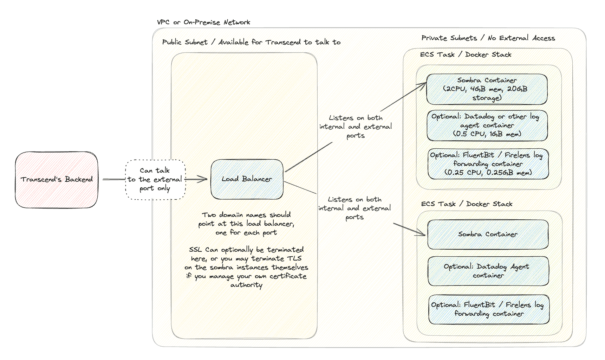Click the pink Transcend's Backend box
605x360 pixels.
coord(57,180)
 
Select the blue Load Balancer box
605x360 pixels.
coord(247,179)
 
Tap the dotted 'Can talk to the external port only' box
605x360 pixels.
coord(155,180)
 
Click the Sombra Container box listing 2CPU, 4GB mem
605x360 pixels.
coord(487,89)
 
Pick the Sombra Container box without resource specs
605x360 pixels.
coord(488,234)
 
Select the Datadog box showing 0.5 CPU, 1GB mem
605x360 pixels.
coord(487,125)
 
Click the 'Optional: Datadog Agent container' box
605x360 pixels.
coord(488,271)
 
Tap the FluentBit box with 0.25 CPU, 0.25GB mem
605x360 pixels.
coord(488,163)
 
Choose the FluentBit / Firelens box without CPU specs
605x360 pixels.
coord(488,309)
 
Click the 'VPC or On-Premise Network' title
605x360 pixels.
coord(203,22)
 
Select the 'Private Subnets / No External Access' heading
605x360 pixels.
coord(488,38)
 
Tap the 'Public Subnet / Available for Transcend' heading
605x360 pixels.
coord(251,42)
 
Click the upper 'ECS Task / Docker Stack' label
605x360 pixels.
coord(465,54)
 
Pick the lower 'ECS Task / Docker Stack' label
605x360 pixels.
coord(466,204)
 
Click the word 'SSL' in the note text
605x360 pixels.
coord(195,250)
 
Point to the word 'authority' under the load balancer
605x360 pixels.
coord(246,285)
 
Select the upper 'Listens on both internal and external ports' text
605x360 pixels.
coord(355,127)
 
